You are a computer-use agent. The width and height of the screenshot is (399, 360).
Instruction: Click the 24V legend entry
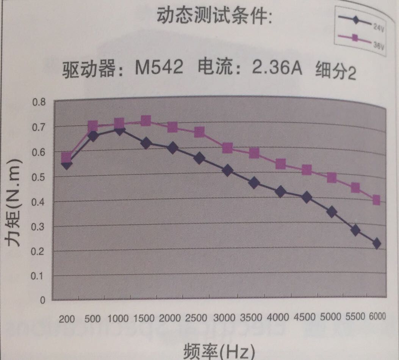click(362, 23)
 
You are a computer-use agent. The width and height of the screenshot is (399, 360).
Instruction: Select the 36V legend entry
click(362, 40)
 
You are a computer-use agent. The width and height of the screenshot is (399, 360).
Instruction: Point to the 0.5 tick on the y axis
click(39, 177)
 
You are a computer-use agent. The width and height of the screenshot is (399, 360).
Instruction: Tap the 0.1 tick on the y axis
click(39, 275)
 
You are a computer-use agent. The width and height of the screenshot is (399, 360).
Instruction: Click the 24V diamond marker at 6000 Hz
click(376, 243)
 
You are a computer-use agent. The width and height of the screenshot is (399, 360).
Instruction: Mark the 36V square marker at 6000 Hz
click(376, 200)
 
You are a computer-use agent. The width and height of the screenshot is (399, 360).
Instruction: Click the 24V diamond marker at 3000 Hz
click(228, 171)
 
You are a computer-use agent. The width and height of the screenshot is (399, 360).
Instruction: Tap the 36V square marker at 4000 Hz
click(281, 164)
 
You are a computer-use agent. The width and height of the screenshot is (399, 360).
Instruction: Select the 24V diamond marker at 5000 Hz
click(332, 212)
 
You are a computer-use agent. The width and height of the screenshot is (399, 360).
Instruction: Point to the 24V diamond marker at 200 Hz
click(67, 164)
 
